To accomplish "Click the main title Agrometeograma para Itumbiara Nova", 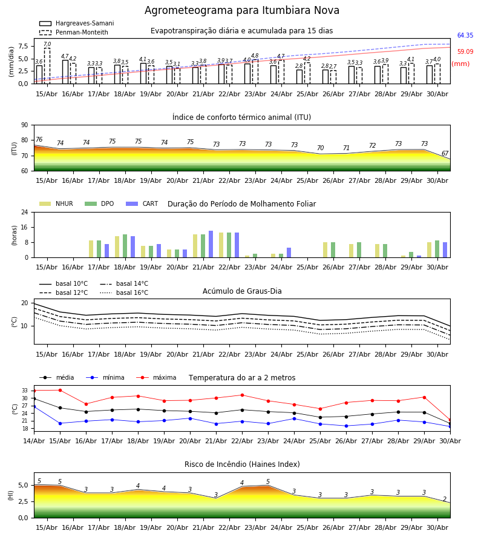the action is coord(241,10).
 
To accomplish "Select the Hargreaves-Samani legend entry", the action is coord(76,23).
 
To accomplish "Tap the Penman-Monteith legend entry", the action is coord(74,32).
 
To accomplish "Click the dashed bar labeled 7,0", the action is coord(47,65).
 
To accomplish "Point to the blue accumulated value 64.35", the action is coord(465,36).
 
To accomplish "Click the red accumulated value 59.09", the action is coord(465,52).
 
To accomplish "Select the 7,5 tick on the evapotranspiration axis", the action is coord(24,46).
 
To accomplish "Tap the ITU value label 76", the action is coord(39,139).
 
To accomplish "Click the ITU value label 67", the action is coord(445,153).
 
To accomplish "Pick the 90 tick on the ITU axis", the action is coord(25,125).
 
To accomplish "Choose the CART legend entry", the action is coord(142,203).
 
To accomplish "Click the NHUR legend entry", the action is coord(56,203).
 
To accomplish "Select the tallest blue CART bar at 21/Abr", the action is coord(211,244).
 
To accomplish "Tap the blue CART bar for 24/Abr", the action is coord(289,253).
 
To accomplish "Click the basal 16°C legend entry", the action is coord(124,292).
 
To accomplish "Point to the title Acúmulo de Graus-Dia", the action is coord(242,291).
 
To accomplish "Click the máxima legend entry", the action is coord(157,377).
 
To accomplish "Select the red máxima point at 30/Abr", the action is coord(450,420).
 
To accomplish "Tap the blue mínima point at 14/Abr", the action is coord(34,406).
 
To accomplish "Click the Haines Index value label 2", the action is coord(445,499).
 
